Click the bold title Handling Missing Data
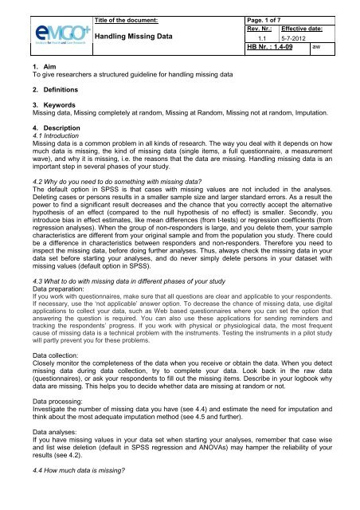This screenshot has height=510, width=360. tap(139, 37)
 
